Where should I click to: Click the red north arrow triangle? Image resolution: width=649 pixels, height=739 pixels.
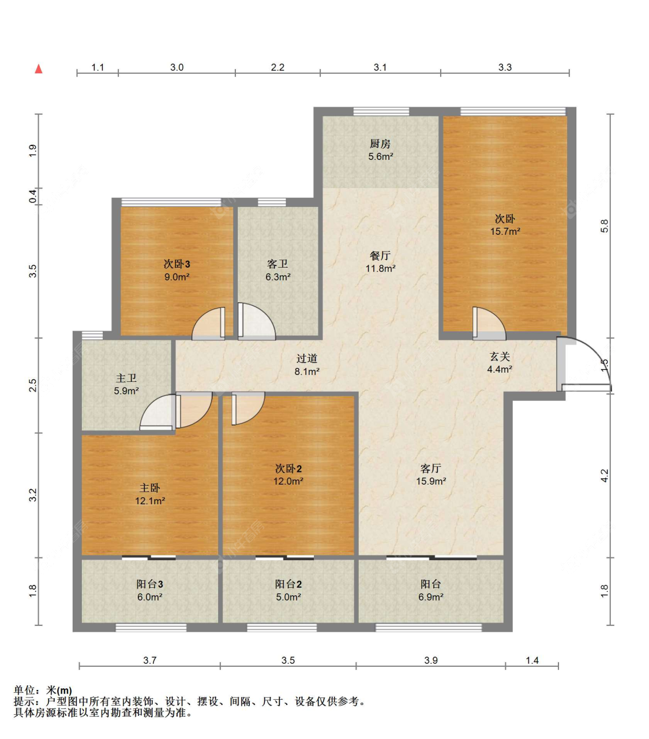[x=38, y=69]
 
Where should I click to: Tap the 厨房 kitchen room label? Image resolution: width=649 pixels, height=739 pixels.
[x=380, y=144]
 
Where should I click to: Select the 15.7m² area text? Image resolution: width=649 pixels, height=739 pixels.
[x=505, y=231]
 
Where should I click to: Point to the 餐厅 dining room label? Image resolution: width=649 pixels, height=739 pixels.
[x=380, y=256]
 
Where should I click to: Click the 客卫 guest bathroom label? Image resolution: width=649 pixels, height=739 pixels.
[x=277, y=264]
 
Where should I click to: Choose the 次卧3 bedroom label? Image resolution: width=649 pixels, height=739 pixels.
[x=177, y=264]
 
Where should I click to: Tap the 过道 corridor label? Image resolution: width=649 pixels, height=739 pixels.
[x=306, y=359]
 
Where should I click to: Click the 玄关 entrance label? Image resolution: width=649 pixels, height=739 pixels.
[x=500, y=356]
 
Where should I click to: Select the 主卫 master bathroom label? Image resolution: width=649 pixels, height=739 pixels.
[x=126, y=378]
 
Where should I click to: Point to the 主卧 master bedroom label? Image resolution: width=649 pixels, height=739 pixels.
[x=149, y=487]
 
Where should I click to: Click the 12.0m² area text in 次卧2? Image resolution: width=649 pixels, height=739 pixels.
[x=288, y=481]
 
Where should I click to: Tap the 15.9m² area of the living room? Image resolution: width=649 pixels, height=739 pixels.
[x=431, y=481]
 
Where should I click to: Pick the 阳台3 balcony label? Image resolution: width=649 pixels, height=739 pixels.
[x=149, y=584]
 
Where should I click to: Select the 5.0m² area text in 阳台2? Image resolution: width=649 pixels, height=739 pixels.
[x=288, y=597]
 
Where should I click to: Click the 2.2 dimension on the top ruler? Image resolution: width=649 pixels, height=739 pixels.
[x=277, y=67]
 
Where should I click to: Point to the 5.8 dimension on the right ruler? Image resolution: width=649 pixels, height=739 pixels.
[x=605, y=226]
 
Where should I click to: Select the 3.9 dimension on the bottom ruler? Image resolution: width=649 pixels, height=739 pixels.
[x=431, y=660]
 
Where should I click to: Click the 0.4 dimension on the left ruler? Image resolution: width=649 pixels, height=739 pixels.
[x=33, y=197]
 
